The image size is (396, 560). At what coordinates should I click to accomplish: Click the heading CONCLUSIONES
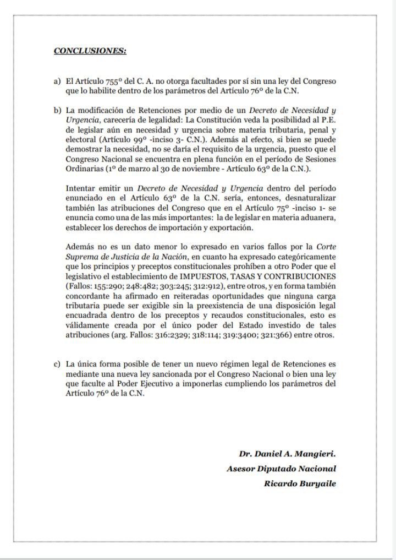[x=90, y=51]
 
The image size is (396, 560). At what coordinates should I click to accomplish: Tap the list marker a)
[x=57, y=81]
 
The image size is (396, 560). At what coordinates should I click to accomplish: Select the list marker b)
[x=57, y=111]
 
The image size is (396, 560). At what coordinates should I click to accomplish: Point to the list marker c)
[x=57, y=365]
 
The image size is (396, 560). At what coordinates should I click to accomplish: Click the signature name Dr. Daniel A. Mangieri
[x=287, y=455]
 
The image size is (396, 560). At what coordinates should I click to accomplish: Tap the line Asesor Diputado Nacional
[x=281, y=469]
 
